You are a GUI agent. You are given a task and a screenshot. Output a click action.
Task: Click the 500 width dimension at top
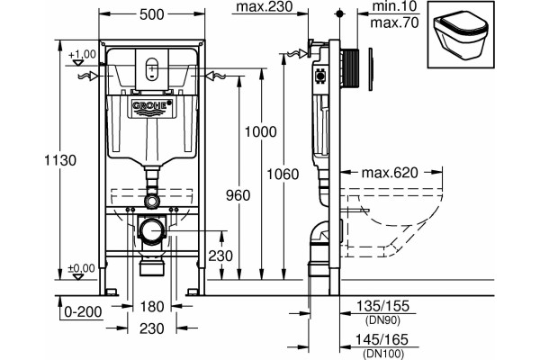pos(152,14)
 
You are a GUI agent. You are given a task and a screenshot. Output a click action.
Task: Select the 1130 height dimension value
pos(60,160)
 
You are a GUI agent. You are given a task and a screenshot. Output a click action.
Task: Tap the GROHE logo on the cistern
pos(152,105)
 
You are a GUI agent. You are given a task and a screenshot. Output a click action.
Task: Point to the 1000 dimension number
pos(261,132)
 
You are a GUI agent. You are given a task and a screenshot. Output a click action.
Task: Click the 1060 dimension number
pos(283,175)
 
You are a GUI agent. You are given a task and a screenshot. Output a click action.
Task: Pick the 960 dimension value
pos(238,195)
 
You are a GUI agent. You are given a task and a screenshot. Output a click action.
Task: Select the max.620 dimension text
pos(390,173)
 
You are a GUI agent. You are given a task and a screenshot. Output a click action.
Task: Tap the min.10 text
pos(395,6)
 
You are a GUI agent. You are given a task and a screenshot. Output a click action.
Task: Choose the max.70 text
pos(395,22)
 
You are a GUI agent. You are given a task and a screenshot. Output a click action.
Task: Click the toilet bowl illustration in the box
pos(460,34)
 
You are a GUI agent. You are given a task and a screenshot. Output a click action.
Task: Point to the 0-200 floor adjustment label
pos(84,312)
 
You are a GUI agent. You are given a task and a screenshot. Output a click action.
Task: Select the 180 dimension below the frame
pos(152,306)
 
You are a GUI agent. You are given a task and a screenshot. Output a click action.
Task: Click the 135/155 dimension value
pos(382,306)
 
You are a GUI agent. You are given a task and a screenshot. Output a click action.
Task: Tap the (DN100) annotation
pos(382,354)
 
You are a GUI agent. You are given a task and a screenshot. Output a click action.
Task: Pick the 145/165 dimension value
pos(382,339)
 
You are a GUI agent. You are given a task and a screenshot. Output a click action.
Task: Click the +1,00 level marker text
pos(82,54)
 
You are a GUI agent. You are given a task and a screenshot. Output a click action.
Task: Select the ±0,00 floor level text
pos(81,268)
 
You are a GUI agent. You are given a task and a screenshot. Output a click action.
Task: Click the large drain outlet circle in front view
pos(152,230)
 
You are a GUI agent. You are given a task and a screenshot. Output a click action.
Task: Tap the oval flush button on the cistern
pos(152,68)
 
